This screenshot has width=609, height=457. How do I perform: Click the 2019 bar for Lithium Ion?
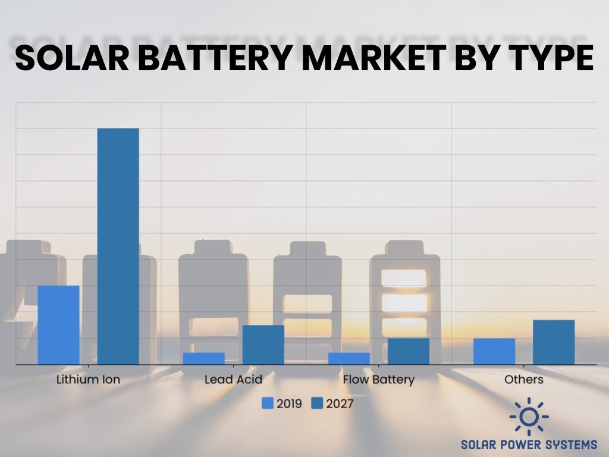tap(58, 325)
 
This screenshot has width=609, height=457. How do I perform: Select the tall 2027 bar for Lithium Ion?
tap(118, 246)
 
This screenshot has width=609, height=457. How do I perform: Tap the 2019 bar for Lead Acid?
tap(203, 358)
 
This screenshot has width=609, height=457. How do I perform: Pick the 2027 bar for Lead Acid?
tap(263, 345)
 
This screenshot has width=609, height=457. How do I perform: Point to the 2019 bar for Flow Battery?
tap(349, 358)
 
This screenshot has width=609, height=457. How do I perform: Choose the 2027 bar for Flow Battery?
tap(409, 351)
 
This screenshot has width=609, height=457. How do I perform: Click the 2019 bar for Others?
tap(494, 351)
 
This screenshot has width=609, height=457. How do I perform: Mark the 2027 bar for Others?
tap(554, 342)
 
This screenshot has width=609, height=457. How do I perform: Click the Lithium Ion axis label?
tap(88, 380)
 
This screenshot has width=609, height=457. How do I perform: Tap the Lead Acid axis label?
tap(233, 380)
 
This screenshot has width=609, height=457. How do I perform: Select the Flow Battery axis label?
tap(379, 380)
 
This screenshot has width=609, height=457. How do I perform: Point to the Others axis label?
tap(524, 380)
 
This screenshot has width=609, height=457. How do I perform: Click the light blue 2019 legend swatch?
tap(268, 404)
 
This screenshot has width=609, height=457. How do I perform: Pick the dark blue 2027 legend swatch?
tap(316, 404)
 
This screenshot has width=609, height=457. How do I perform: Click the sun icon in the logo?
tap(529, 417)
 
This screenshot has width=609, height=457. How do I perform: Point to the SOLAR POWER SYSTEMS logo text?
tap(529, 445)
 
